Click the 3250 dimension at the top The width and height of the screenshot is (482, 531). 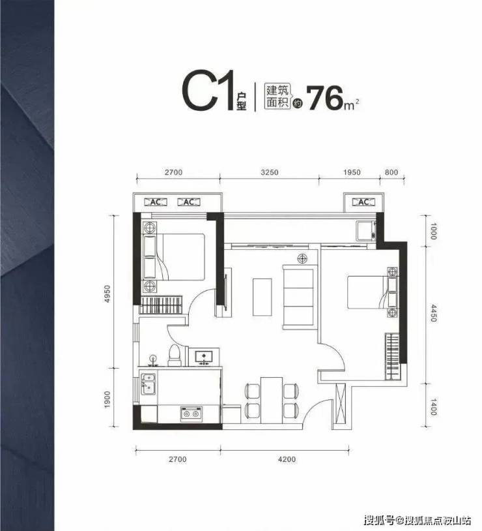pos(270,172)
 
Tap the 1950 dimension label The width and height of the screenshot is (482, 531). pos(352,172)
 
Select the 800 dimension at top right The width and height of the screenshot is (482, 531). pos(391,172)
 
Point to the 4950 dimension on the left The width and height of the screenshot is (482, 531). pos(107,294)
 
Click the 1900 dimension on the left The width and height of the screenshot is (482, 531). pos(107,399)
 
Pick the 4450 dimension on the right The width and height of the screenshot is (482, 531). pos(434,312)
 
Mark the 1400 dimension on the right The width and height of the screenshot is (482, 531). pos(434,406)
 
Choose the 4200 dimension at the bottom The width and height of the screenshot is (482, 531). pos(287,459)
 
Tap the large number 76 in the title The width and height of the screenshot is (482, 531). pos(325,99)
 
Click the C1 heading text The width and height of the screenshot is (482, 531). pos(208,90)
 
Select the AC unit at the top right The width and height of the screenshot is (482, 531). pos(363,202)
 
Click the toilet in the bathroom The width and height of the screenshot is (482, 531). pos(175,356)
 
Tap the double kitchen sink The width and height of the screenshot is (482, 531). pos(148,384)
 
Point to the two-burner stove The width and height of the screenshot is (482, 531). pos(191,414)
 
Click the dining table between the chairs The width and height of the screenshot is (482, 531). pos(271,400)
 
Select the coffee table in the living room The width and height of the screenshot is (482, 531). pos(262,297)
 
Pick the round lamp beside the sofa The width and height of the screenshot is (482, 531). pos(302,259)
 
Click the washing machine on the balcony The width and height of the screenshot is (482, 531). pos(365,231)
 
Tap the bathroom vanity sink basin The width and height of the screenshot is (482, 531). pos(204,356)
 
